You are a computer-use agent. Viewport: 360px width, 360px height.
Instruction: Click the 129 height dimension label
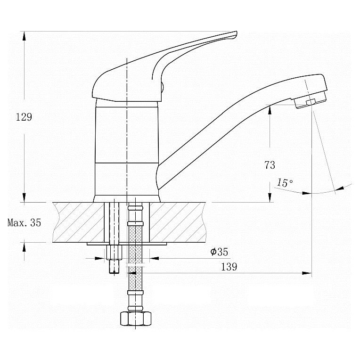24,117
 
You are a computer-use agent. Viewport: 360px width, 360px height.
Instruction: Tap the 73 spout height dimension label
270,165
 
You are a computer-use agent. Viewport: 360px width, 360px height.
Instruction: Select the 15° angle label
285,183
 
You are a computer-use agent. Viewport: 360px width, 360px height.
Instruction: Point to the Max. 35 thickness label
24,223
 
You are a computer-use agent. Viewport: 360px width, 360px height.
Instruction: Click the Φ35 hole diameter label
219,252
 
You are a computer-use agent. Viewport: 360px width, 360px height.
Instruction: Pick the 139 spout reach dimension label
229,267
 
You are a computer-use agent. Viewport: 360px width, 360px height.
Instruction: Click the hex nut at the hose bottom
136,319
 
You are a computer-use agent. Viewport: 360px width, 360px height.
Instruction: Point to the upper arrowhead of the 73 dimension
270,110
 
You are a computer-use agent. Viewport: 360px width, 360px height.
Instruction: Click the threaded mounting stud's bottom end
114,273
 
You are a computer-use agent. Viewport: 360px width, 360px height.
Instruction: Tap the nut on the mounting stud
114,253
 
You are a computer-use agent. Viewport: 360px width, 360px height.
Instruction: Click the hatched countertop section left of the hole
79,222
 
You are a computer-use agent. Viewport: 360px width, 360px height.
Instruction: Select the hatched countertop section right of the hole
178,222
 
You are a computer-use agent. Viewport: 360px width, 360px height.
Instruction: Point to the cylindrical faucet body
126,151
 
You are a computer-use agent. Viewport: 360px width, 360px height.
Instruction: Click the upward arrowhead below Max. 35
24,247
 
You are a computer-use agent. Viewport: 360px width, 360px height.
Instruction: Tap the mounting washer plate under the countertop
127,244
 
